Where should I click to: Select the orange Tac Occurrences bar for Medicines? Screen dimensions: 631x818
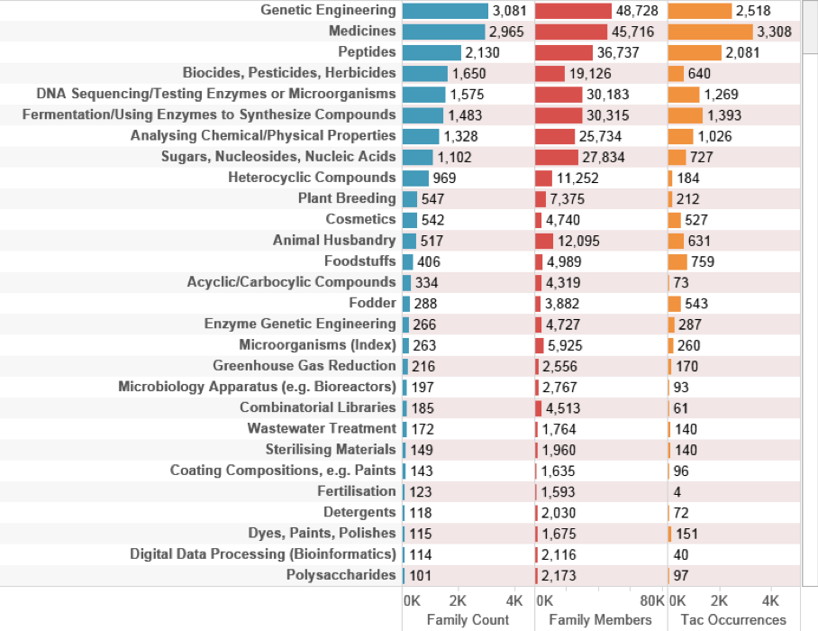click(x=709, y=32)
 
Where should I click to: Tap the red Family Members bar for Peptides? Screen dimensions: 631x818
click(x=564, y=52)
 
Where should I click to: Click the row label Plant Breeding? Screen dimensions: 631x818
click(x=347, y=198)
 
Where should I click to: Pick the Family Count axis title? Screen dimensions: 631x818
click(x=468, y=620)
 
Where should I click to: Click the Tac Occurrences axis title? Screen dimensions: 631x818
click(x=733, y=620)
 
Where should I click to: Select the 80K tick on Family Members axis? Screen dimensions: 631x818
click(x=650, y=600)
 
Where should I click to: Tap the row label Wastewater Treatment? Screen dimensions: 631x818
click(x=322, y=428)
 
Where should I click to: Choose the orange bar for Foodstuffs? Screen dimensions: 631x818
click(x=676, y=261)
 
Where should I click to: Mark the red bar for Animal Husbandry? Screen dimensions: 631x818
click(x=543, y=241)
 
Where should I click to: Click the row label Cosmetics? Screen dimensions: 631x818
click(x=360, y=219)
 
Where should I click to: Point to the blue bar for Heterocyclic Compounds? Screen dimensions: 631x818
click(x=415, y=178)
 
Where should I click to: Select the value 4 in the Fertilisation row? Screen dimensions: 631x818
click(x=677, y=491)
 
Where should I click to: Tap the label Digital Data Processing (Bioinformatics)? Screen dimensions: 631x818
click(x=263, y=553)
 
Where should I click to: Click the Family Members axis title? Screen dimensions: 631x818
click(x=600, y=620)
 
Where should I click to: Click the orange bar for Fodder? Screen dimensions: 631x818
click(x=673, y=303)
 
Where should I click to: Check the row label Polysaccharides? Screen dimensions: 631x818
click(x=341, y=574)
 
